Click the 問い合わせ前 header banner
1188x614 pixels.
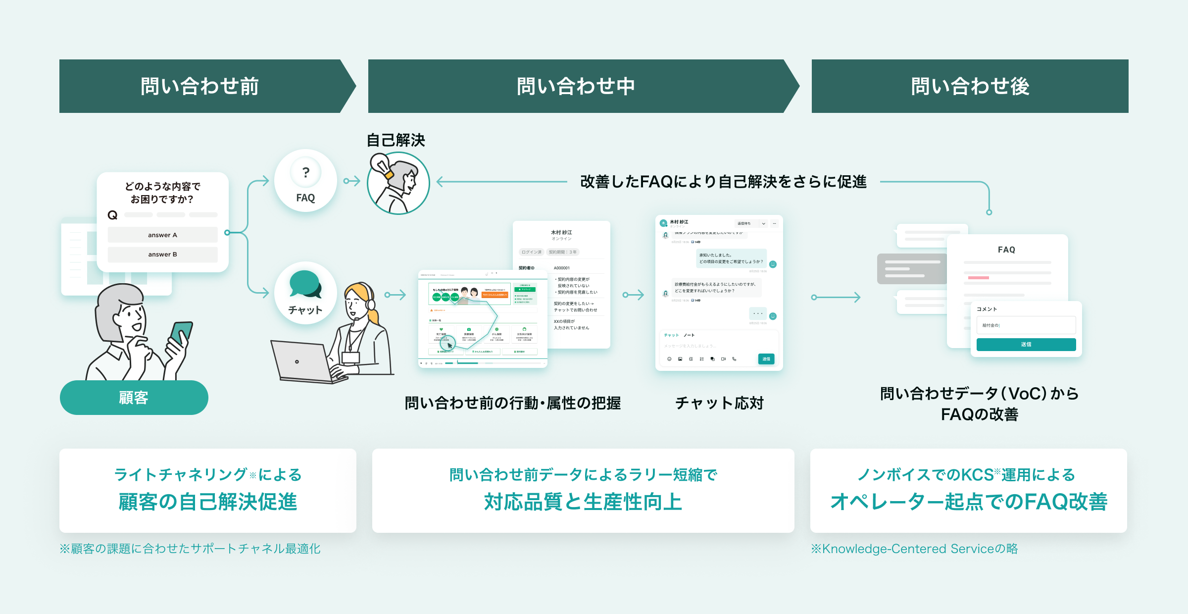click(x=200, y=86)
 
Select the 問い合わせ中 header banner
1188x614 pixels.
click(x=576, y=86)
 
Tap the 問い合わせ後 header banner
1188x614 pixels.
click(x=970, y=86)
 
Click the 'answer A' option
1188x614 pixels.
click(x=162, y=235)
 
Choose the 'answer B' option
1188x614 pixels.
click(x=162, y=255)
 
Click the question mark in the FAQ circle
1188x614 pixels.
click(x=306, y=172)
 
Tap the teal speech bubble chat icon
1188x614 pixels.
click(x=305, y=284)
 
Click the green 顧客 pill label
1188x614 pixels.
click(x=134, y=398)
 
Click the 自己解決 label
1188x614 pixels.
click(x=396, y=140)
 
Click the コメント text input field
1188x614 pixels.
click(x=1026, y=325)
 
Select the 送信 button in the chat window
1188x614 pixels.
click(x=766, y=359)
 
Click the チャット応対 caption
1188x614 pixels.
click(x=719, y=403)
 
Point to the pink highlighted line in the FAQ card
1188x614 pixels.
click(x=978, y=278)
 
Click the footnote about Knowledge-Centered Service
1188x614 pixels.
click(x=914, y=549)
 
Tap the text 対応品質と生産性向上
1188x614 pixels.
click(x=583, y=502)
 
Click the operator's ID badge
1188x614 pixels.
click(x=350, y=358)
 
